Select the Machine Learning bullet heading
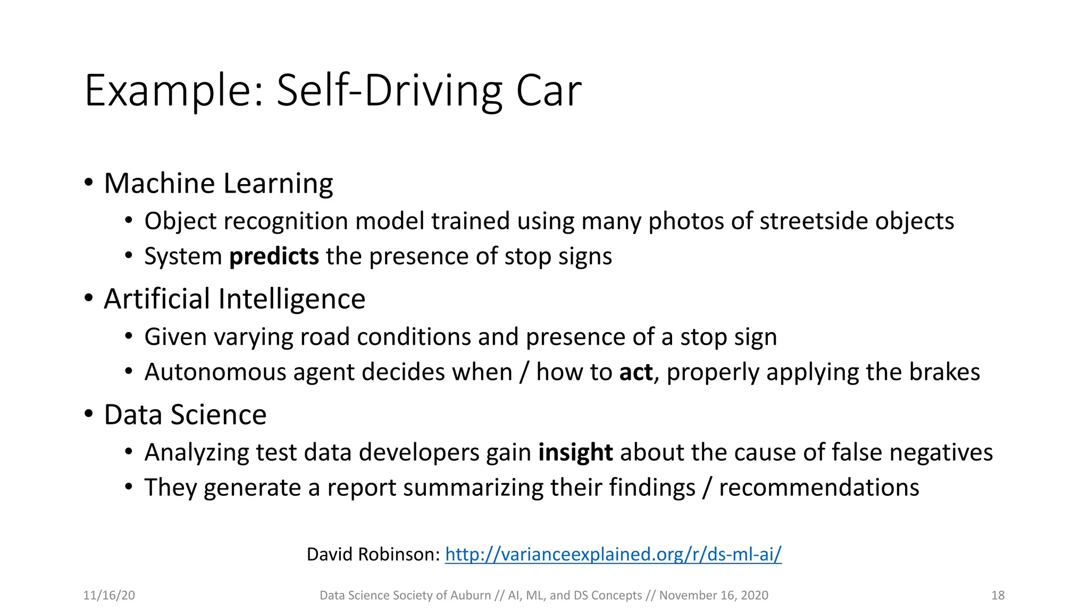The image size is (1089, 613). (x=218, y=184)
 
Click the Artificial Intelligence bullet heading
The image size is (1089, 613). (x=234, y=299)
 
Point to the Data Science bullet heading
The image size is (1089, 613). (x=185, y=415)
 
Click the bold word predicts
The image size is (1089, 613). (x=274, y=256)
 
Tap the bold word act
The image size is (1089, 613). (x=635, y=372)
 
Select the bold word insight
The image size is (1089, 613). (x=575, y=453)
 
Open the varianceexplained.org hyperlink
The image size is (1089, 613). (x=613, y=554)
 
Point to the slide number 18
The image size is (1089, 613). (x=998, y=595)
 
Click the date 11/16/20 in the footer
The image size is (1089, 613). (x=109, y=595)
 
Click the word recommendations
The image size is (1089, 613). (x=819, y=488)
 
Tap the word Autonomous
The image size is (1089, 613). (x=215, y=372)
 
